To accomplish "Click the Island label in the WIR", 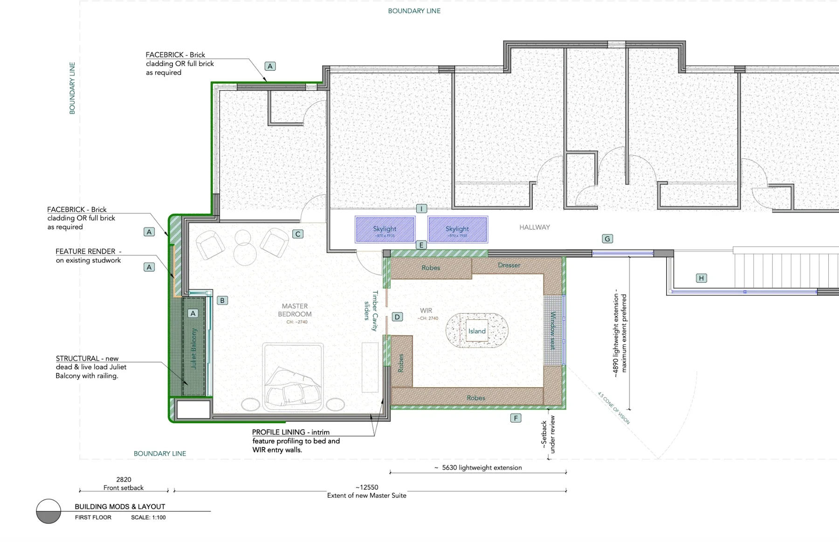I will pos(477,331).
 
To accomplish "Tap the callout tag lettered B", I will pos(222,301).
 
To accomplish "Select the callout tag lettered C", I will pos(298,234).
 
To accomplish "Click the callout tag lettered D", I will pos(397,317).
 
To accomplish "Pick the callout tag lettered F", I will pos(516,418).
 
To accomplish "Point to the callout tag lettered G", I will pos(607,239).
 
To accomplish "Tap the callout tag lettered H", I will pos(701,278).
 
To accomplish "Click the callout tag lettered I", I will pos(421,209).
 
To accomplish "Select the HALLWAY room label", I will pos(535,227).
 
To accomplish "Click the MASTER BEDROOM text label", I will pos(295,310).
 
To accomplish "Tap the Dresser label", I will pos(509,265).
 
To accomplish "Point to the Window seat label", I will pos(553,330).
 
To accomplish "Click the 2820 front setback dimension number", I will pos(124,479).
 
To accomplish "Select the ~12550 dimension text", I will pos(367,487).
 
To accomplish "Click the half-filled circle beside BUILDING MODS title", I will pos(48,511).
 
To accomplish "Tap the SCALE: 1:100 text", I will pos(148,517).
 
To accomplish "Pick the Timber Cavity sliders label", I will pos(371,311).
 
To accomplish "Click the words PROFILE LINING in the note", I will pos(278,432).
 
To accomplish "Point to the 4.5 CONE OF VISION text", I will pos(614,408).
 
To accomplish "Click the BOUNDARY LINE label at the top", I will pos(414,11).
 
